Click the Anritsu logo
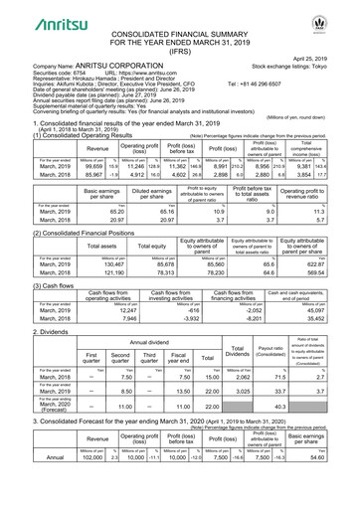coord(37,14)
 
